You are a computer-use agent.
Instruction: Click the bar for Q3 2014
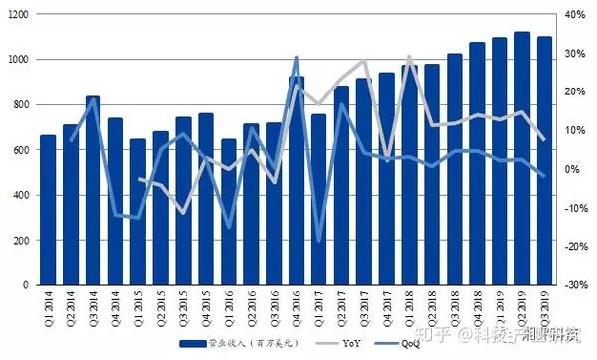pyautogui.click(x=93, y=191)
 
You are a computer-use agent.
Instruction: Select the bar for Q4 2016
pyautogui.click(x=297, y=181)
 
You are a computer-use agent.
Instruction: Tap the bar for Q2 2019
pyautogui.click(x=521, y=159)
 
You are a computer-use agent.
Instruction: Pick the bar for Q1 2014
pyautogui.click(x=48, y=210)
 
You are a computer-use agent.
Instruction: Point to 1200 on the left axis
pyautogui.click(x=18, y=15)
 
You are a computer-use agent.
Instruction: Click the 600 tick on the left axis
pyautogui.click(x=21, y=150)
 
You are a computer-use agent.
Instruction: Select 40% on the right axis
pyautogui.click(x=575, y=15)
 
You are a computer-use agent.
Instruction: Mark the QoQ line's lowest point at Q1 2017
pyautogui.click(x=319, y=241)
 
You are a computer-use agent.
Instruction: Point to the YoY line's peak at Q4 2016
pyautogui.click(x=297, y=58)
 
